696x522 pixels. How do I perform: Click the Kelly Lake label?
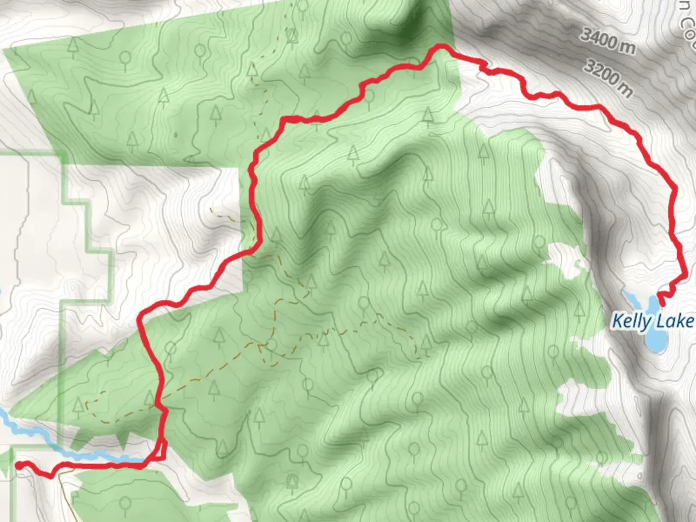pyautogui.click(x=652, y=321)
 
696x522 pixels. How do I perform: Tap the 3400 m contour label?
pyautogui.click(x=608, y=41)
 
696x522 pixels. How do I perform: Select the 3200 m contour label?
pyautogui.click(x=608, y=77)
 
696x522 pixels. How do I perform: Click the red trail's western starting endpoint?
pyautogui.click(x=18, y=465)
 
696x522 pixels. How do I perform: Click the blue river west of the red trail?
pyautogui.click(x=72, y=442)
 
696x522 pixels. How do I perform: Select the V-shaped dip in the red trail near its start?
pyautogui.click(x=51, y=476)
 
